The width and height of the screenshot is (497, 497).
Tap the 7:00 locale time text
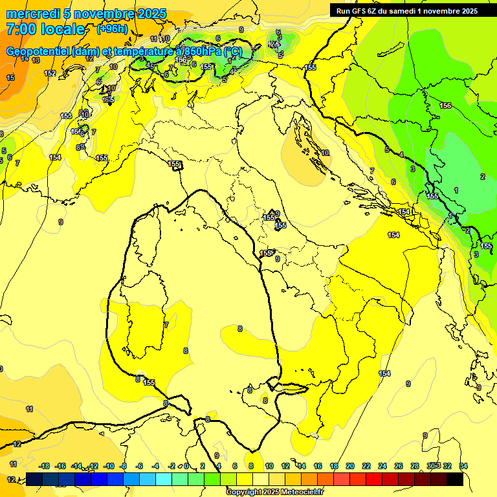[45, 29]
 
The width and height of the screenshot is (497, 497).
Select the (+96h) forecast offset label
[113, 29]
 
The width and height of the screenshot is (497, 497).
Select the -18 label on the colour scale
[44, 466]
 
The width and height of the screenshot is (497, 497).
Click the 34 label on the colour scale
[463, 466]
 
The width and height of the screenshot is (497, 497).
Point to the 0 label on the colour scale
[186, 466]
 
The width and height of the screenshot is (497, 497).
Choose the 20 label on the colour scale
[350, 466]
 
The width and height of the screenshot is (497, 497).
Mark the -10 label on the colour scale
[109, 466]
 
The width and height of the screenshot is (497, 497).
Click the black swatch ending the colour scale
[455, 480]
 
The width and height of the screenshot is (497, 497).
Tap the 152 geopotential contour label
[50, 73]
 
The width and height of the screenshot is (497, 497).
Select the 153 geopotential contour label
[66, 116]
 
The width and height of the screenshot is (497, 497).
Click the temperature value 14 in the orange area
[25, 59]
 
